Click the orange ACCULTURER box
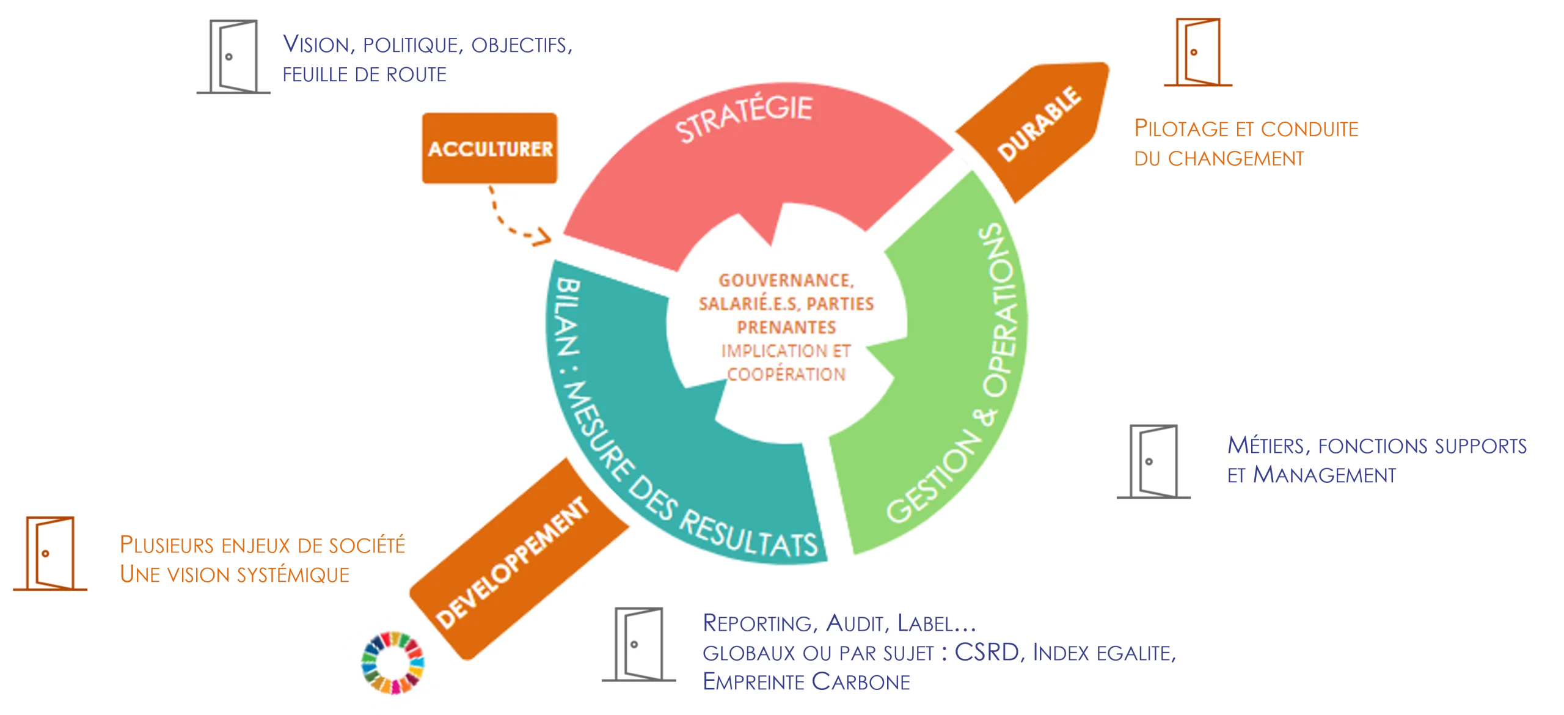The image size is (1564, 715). (x=489, y=148)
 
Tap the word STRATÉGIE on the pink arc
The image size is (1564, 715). (x=744, y=117)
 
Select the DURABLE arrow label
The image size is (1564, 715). (x=1039, y=123)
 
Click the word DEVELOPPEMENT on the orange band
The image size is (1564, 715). (x=512, y=562)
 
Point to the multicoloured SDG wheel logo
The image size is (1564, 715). (x=392, y=662)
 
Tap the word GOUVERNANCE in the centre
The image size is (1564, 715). (x=786, y=280)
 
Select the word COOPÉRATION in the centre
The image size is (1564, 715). (x=786, y=373)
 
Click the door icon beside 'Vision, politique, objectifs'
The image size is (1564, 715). (x=233, y=56)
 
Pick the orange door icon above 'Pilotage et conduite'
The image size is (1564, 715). (x=1198, y=52)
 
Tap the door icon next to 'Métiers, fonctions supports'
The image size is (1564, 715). (x=1153, y=461)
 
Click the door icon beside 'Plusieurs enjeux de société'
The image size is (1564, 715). (x=50, y=553)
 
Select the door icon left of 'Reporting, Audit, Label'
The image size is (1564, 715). (x=638, y=644)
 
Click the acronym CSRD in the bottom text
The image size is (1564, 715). (x=987, y=652)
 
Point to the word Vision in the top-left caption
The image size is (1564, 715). (x=316, y=44)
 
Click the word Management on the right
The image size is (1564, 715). (x=1325, y=475)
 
